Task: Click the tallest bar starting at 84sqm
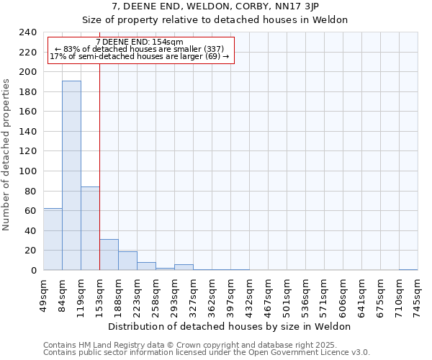[71, 176]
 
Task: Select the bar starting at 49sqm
[53, 239]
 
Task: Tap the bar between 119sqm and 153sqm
[90, 228]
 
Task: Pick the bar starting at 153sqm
[109, 255]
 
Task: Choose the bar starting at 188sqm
[127, 261]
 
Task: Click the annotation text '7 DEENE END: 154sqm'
[140, 42]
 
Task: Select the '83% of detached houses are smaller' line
[140, 49]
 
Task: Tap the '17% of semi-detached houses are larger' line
[140, 56]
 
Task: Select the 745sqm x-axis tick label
[418, 294]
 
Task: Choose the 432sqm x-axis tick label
[249, 294]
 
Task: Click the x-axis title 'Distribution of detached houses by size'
[234, 326]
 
